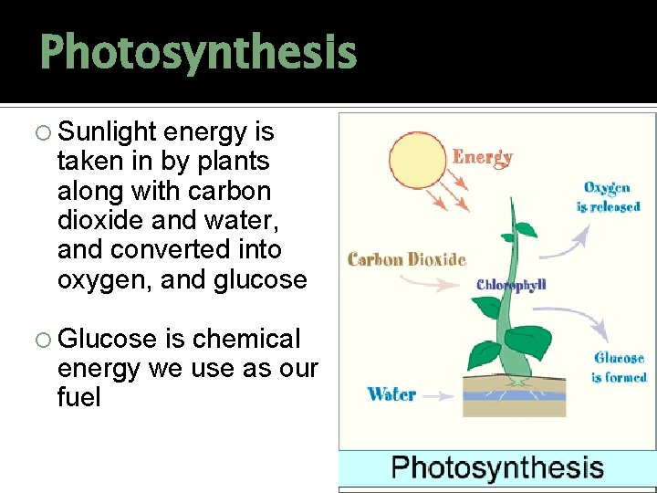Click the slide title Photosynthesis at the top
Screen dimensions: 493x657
tap(198, 52)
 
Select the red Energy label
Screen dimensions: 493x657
tap(483, 157)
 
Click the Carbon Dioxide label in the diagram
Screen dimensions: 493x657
tap(407, 259)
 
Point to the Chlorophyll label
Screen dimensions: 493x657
tap(511, 285)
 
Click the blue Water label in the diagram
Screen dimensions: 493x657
tap(391, 394)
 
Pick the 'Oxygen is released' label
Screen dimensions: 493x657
tap(608, 197)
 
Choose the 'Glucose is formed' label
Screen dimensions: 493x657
tap(619, 367)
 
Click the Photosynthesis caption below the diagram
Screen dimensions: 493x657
tap(497, 468)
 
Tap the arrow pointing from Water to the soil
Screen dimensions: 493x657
tap(439, 396)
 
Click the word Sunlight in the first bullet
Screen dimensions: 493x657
tap(107, 132)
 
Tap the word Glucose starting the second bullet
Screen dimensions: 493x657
tap(109, 339)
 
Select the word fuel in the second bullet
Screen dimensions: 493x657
tap(78, 398)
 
